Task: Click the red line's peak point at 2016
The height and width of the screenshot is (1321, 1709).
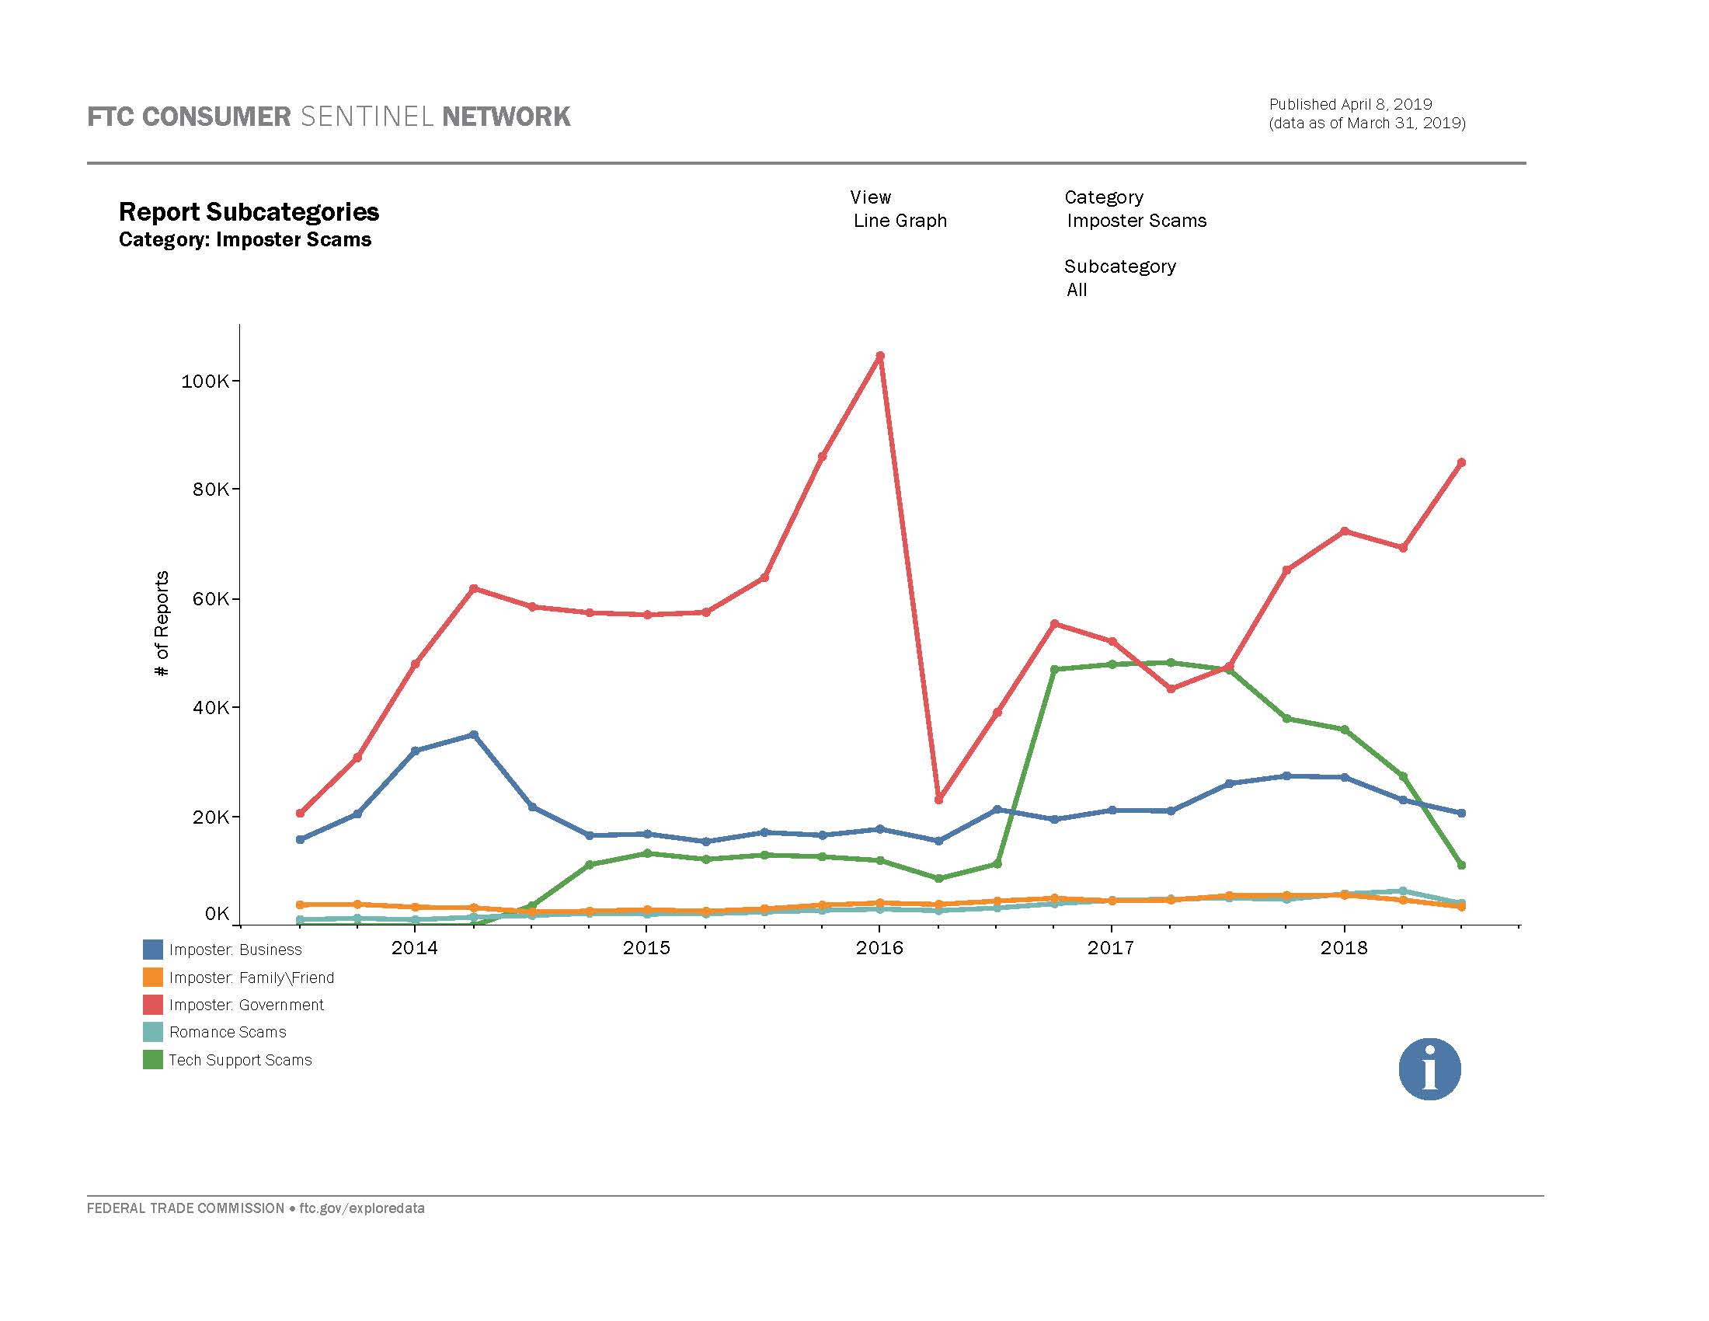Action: [879, 356]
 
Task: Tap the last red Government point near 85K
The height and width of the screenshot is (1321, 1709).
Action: [1461, 462]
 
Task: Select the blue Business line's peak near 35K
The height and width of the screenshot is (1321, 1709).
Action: [473, 735]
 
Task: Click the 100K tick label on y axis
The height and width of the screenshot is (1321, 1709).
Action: [204, 381]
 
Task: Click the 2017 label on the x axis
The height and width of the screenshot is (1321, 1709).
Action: [1110, 948]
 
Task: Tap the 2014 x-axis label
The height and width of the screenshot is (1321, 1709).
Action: [414, 948]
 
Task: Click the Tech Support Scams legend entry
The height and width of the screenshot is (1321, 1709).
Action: [239, 1060]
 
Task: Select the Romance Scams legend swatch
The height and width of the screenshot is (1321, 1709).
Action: [152, 1032]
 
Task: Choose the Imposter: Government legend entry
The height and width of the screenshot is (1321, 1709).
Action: [245, 1005]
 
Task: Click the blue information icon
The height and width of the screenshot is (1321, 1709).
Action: [1429, 1069]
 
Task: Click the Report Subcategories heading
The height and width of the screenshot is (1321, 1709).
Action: [249, 211]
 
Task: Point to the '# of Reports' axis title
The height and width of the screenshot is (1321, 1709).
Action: [162, 624]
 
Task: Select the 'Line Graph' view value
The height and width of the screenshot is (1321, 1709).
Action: [900, 221]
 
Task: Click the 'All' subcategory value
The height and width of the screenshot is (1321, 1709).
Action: [1077, 290]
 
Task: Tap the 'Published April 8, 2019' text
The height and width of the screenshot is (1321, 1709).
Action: [1350, 104]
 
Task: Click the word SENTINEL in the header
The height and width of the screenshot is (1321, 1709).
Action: [366, 117]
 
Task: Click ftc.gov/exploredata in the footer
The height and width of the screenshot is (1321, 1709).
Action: [361, 1208]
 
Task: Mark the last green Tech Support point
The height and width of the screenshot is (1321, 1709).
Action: [1461, 865]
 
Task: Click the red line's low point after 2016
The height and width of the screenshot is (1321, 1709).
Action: [939, 800]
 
